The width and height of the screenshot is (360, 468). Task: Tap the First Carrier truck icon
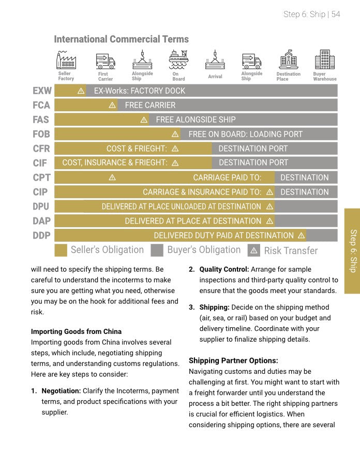click(x=106, y=61)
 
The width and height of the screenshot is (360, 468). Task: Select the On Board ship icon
click(x=178, y=60)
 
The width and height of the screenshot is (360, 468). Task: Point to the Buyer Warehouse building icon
click(x=324, y=60)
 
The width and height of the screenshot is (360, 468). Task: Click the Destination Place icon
click(x=288, y=60)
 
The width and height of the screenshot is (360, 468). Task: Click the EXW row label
click(x=42, y=91)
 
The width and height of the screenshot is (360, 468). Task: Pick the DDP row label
click(x=41, y=236)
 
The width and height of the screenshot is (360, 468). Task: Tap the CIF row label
click(x=40, y=163)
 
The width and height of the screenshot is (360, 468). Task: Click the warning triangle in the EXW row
click(x=81, y=91)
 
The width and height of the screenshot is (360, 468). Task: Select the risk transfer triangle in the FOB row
click(x=175, y=134)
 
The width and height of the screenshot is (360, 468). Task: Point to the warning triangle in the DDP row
click(x=301, y=236)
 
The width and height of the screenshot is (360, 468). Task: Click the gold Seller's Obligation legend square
click(x=61, y=251)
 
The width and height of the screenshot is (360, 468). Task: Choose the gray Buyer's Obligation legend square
click(x=157, y=251)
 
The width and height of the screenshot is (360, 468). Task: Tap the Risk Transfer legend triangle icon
click(x=253, y=251)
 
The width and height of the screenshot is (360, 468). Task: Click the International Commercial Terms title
click(x=122, y=39)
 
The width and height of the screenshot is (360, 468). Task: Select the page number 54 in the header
click(x=336, y=14)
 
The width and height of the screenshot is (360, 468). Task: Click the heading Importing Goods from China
click(x=76, y=331)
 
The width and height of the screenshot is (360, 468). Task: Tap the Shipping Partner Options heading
click(x=233, y=360)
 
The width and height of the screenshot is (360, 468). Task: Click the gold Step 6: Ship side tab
click(x=352, y=251)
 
